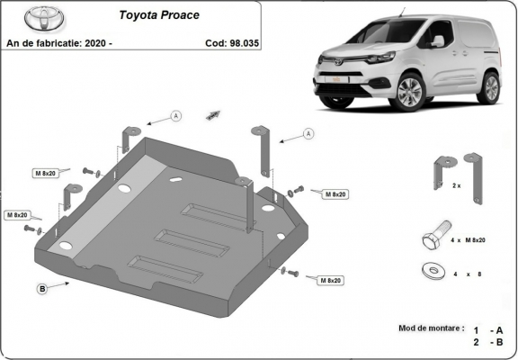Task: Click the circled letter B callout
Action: point(42,289)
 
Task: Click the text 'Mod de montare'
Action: point(431,328)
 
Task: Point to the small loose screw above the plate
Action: point(213,113)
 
